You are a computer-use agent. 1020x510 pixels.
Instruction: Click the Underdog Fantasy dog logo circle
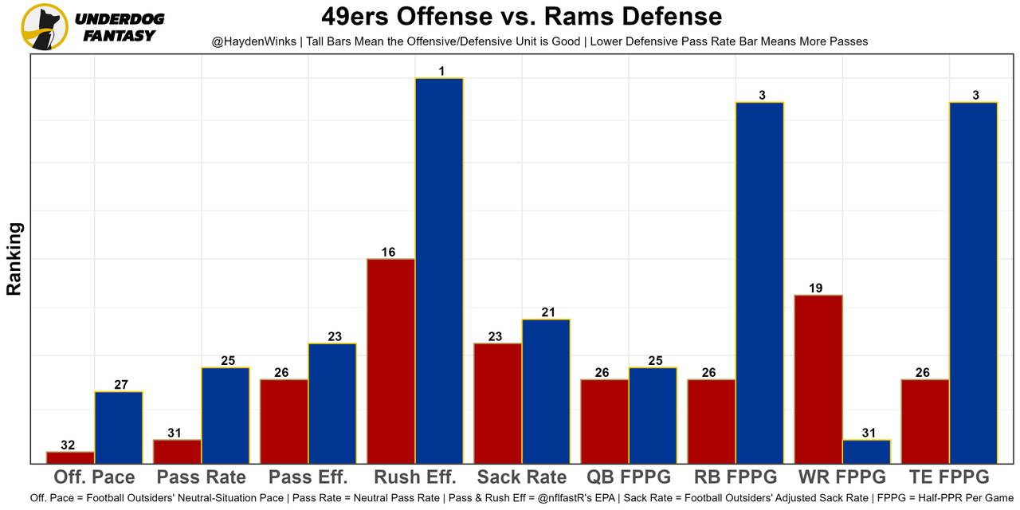(x=45, y=27)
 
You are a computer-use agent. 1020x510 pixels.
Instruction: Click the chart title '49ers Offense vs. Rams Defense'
(x=522, y=16)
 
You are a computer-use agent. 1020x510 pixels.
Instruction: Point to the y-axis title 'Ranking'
(x=14, y=259)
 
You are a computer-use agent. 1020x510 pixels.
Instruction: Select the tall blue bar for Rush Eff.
(x=439, y=271)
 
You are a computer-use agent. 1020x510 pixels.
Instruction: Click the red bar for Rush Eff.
(x=390, y=361)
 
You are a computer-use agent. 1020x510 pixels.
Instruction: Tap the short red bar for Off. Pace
(x=70, y=457)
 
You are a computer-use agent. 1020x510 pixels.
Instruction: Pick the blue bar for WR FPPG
(x=866, y=451)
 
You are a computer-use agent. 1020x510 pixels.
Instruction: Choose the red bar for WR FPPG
(x=818, y=379)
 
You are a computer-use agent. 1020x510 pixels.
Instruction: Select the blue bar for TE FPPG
(x=973, y=283)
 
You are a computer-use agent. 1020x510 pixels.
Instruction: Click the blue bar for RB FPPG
(x=759, y=283)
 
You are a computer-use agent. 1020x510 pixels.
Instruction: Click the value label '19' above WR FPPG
(x=815, y=288)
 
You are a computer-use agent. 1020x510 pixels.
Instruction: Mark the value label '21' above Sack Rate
(x=548, y=312)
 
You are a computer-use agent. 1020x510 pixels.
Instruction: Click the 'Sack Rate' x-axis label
(x=522, y=477)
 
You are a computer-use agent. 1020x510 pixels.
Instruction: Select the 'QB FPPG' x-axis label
(x=629, y=477)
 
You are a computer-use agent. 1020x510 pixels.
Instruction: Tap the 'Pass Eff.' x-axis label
(x=308, y=477)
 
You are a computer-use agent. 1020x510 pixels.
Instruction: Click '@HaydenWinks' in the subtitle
(x=251, y=41)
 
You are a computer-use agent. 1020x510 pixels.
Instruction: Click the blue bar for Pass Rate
(x=226, y=415)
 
